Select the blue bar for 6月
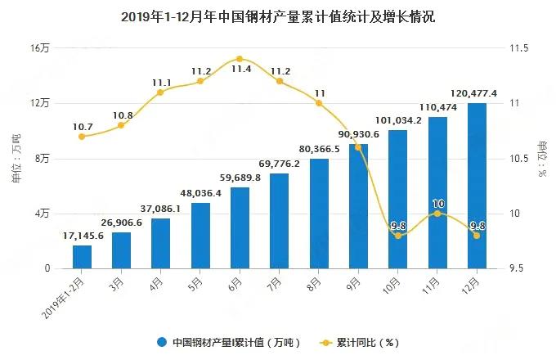240,227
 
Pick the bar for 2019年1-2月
82,257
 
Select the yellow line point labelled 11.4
240,59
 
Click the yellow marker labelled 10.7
82,136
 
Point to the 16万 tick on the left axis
40,48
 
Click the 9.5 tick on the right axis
518,268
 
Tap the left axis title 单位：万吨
16,158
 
